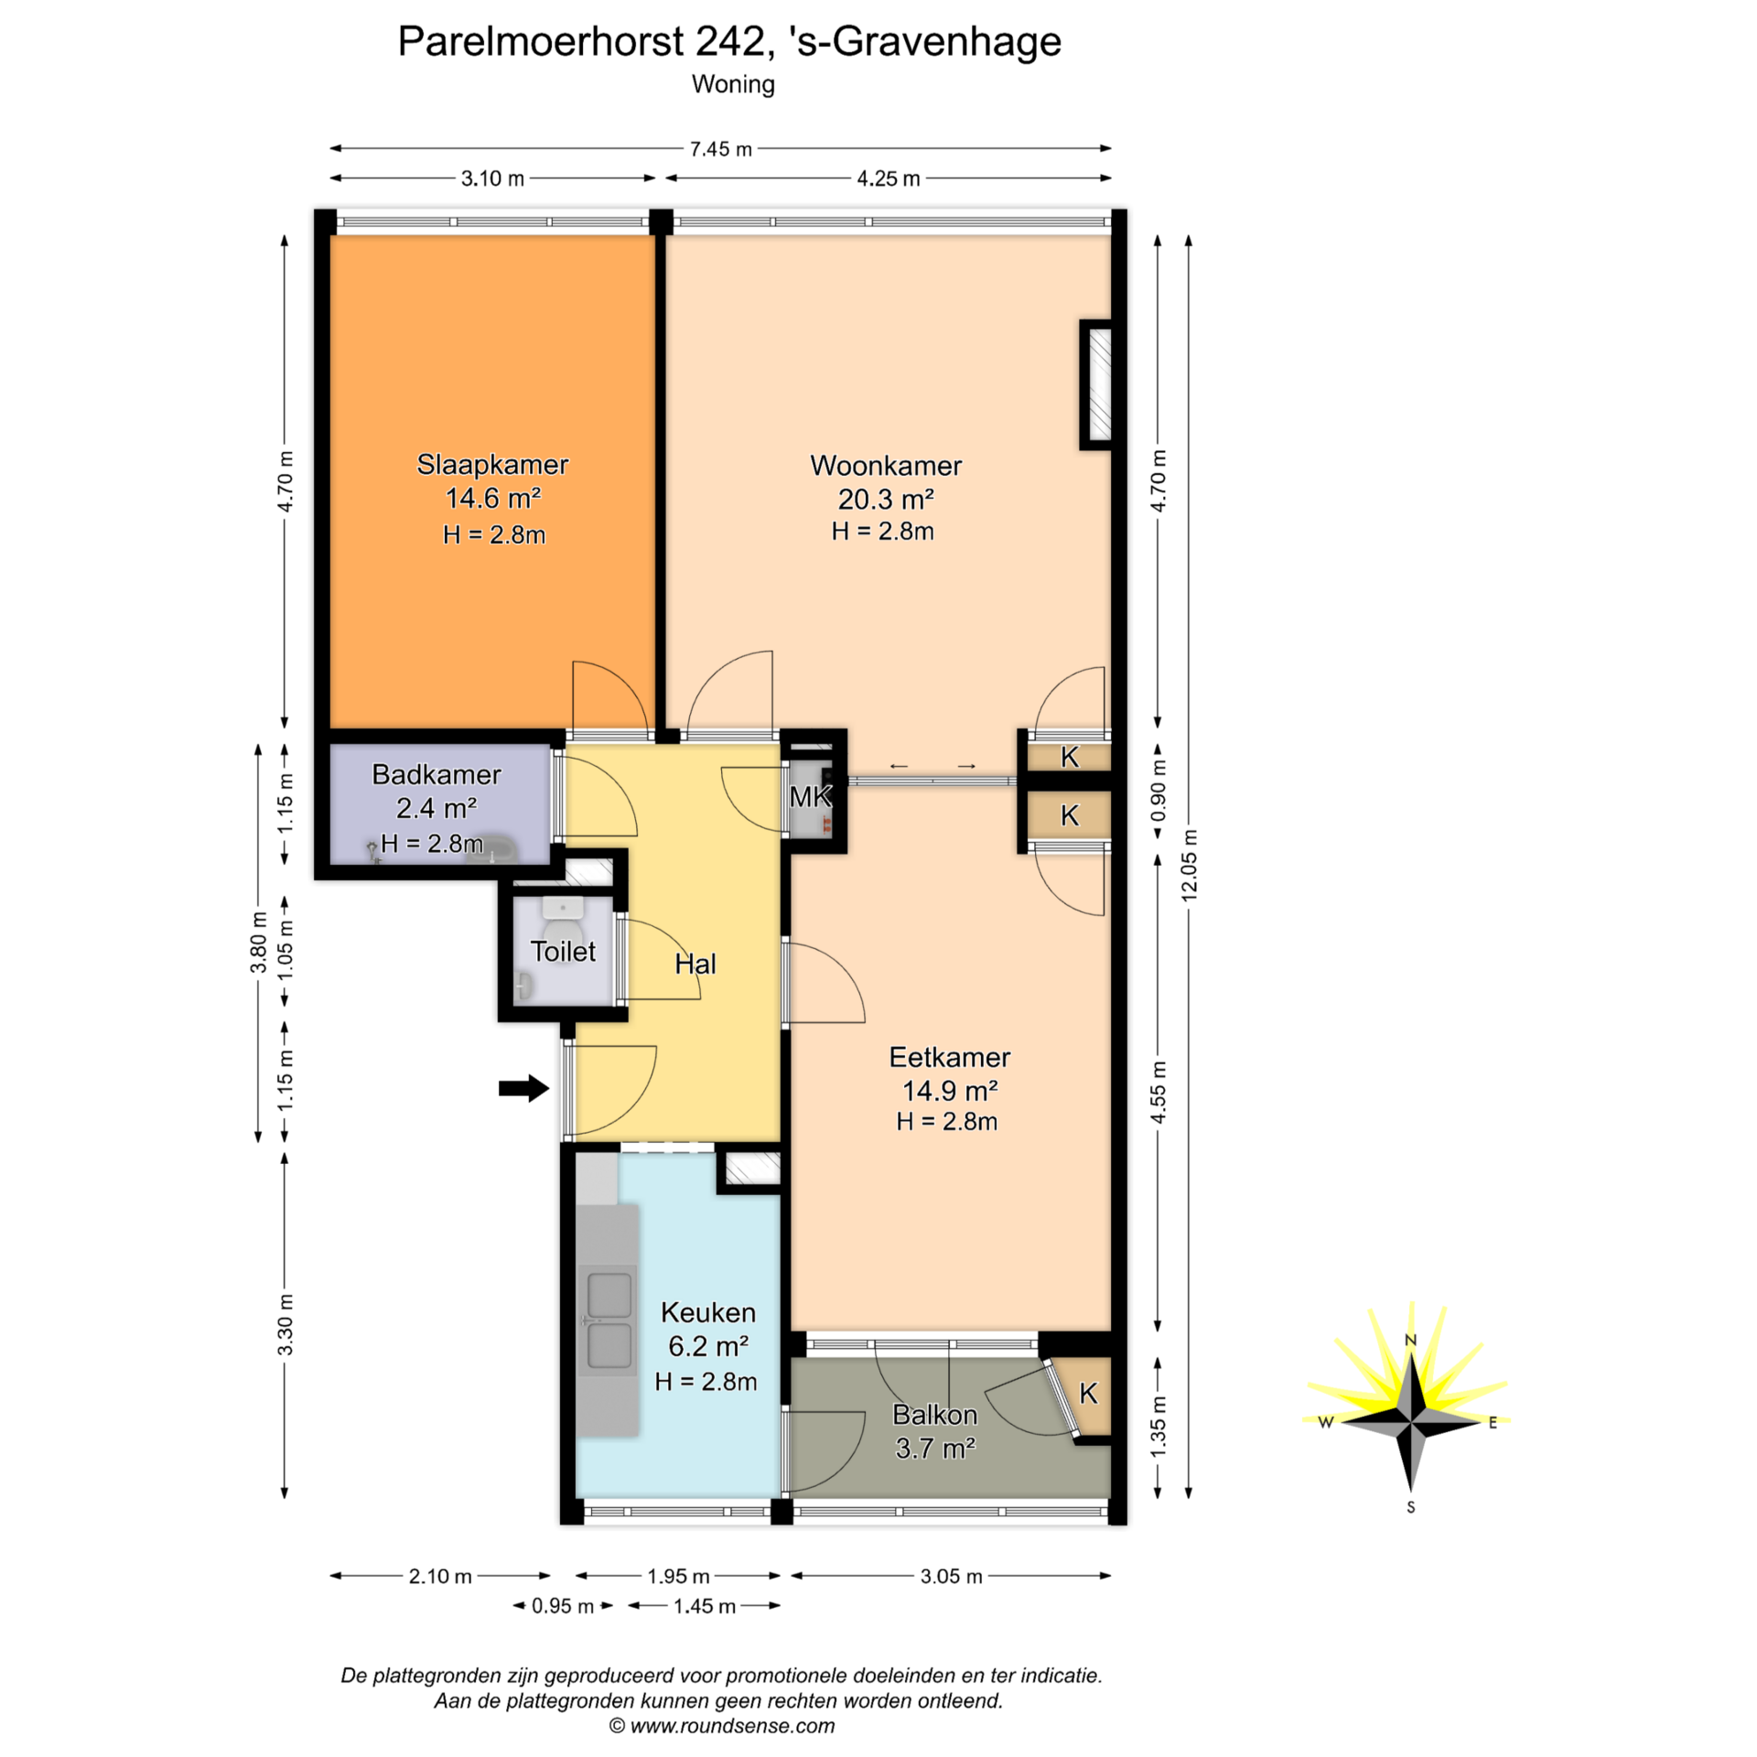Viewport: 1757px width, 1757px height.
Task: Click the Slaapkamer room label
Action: tap(492, 465)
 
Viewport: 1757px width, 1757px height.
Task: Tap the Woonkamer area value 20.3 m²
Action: tap(886, 499)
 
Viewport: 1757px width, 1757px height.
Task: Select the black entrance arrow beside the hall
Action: tap(523, 1088)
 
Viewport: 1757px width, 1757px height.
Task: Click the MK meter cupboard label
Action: tap(811, 797)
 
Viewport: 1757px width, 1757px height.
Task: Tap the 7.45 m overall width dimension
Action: tap(720, 149)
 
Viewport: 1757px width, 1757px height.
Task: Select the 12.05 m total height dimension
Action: tap(1189, 866)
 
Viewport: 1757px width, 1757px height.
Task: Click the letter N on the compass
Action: tap(1410, 1341)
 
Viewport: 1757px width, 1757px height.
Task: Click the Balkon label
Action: tap(934, 1415)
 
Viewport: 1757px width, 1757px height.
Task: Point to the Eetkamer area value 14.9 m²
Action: tap(950, 1091)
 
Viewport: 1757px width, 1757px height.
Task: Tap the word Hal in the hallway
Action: tap(695, 964)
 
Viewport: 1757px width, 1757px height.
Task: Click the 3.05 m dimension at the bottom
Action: tap(951, 1577)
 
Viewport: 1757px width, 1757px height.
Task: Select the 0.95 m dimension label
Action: tap(563, 1606)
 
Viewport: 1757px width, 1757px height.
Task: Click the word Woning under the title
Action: tap(733, 84)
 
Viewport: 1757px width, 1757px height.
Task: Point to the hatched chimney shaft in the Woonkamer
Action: tap(1097, 384)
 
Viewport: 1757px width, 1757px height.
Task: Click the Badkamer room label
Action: tap(437, 775)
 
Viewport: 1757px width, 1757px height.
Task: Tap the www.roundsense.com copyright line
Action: tap(722, 1726)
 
